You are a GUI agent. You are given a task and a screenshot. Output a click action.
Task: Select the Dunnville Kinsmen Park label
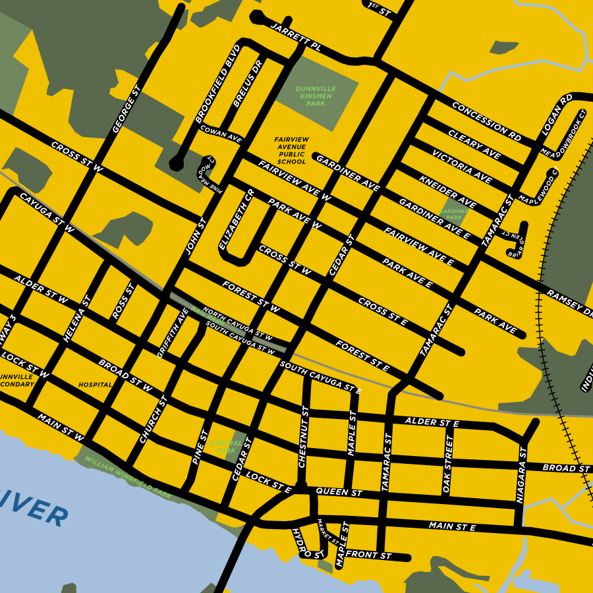coord(316,96)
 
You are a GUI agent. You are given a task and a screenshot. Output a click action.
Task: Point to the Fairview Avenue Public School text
coord(291,150)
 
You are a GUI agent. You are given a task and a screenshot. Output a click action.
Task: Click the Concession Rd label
coord(486,122)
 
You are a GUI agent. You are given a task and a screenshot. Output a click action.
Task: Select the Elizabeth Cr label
coord(237,219)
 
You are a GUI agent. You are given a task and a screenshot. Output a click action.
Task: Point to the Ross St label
coord(123,302)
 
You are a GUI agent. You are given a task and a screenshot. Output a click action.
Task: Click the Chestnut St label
coord(304,437)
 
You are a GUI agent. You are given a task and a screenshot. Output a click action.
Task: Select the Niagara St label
coord(522,474)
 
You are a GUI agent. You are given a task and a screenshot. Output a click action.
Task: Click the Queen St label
coord(339,492)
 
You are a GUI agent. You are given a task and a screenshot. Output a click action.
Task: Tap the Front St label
coord(368,556)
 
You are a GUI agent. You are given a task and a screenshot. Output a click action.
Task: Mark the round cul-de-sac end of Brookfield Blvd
coord(177,163)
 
